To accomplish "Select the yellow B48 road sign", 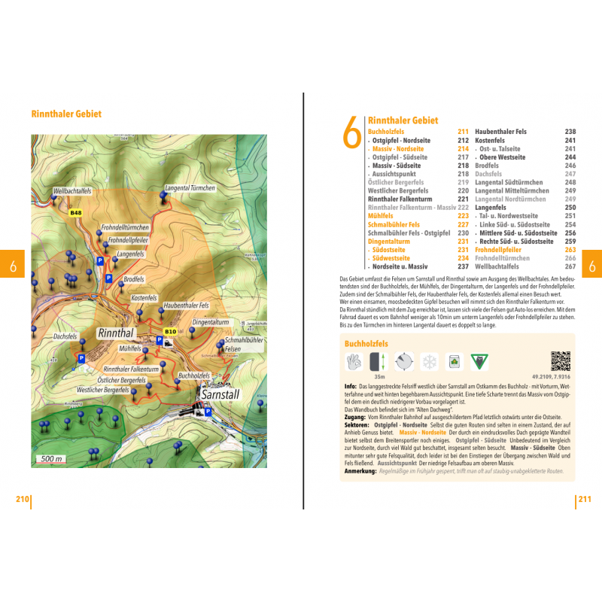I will click(75, 214).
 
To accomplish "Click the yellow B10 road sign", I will click(170, 331).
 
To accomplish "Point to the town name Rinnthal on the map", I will click(115, 332).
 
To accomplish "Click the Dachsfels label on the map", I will click(65, 336).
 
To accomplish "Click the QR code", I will click(560, 361).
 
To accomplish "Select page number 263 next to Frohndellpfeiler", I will click(570, 249).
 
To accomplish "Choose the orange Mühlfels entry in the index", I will click(383, 216).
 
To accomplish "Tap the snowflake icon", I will click(429, 362).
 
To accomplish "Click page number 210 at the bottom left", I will click(23, 499).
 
